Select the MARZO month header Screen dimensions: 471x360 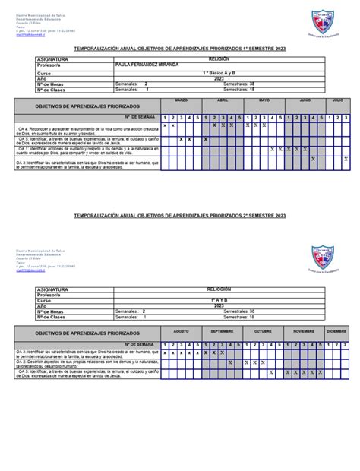(182, 100)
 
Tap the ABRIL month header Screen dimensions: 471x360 (223, 100)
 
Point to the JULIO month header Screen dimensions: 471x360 (338, 100)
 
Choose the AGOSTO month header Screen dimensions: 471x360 (182, 333)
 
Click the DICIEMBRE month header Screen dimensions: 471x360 (338, 333)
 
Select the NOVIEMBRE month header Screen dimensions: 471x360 (305, 333)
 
